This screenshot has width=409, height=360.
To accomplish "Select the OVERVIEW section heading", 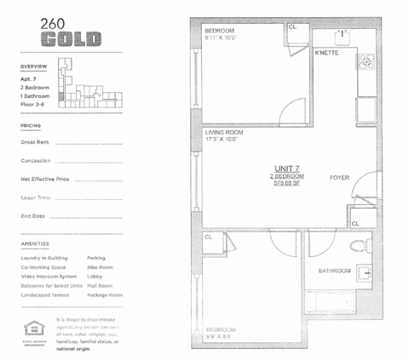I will click(x=34, y=66).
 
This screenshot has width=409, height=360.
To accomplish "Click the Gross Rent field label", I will click(x=34, y=142).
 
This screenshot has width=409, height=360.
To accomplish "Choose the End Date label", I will click(x=32, y=215).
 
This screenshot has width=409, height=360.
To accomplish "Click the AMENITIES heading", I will click(x=35, y=243).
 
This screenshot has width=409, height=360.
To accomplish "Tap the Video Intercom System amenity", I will click(x=49, y=276).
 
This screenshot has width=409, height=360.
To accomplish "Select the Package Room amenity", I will click(x=105, y=294).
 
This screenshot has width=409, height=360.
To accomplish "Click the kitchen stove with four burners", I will click(x=367, y=61).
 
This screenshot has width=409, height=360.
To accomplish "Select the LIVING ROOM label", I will click(x=224, y=132).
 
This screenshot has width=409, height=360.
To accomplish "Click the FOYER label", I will click(x=340, y=177).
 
